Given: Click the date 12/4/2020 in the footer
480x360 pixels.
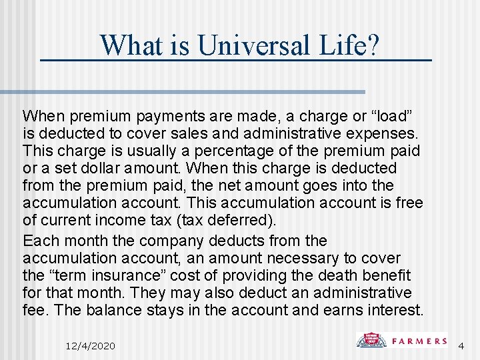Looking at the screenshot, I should tap(91, 345).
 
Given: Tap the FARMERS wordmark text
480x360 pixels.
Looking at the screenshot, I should tap(419, 341).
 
